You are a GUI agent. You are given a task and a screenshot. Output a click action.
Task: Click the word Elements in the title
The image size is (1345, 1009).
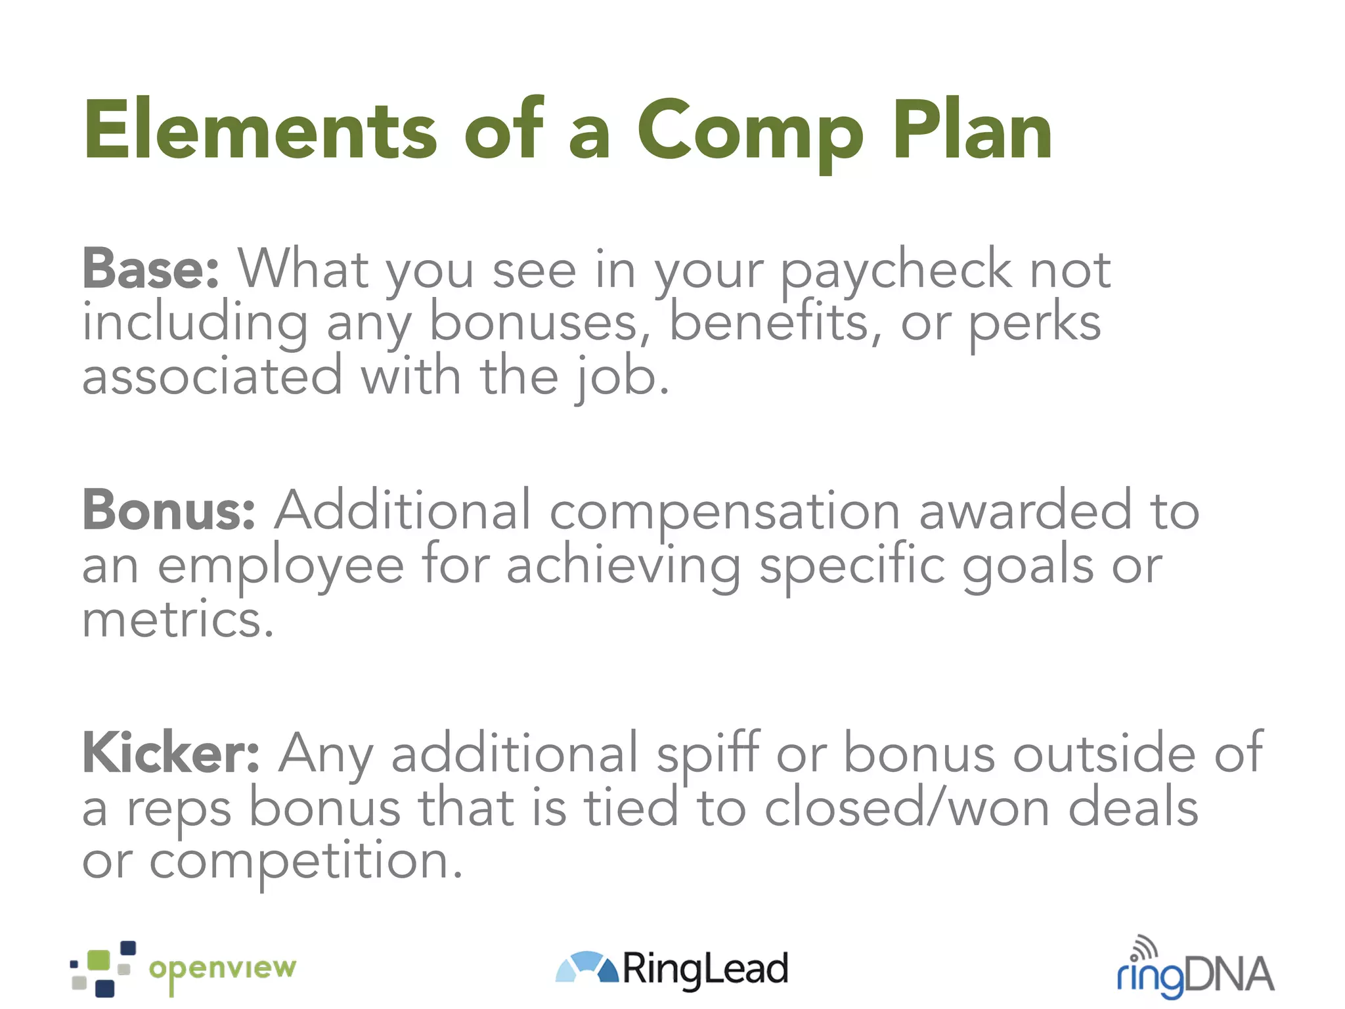click(259, 130)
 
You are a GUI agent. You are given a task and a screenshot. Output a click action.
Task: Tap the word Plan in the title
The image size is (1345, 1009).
click(972, 130)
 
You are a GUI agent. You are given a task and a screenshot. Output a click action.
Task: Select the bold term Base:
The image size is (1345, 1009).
click(150, 269)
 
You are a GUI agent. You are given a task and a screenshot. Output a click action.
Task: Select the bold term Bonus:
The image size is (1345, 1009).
click(169, 510)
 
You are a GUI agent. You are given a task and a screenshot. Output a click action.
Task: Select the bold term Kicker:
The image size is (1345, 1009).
click(171, 753)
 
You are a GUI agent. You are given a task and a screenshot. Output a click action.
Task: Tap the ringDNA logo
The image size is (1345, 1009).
click(1195, 972)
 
